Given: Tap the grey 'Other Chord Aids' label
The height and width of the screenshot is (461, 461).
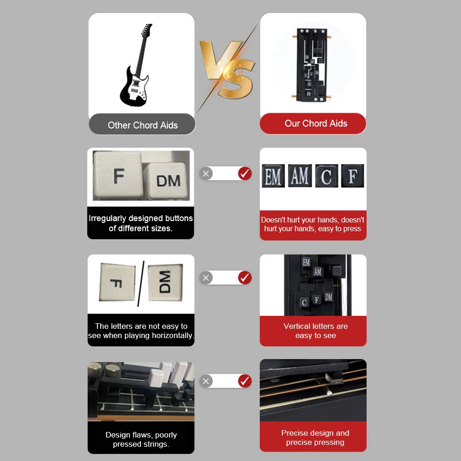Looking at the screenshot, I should click(142, 125).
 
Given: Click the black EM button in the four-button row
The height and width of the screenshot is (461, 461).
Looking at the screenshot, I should click(273, 176).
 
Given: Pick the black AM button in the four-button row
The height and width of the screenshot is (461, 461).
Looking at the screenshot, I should click(300, 176).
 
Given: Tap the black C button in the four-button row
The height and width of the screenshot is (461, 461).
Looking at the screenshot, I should click(327, 176).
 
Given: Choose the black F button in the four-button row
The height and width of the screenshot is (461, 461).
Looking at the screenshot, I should click(352, 176).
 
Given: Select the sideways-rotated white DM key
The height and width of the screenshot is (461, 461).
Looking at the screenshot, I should click(165, 282).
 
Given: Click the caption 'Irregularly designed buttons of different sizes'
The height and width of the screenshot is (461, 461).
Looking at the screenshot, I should click(140, 223).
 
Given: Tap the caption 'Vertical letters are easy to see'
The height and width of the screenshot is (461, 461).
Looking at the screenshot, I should click(315, 331).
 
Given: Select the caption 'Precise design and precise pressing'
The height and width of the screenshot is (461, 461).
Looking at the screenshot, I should click(315, 438).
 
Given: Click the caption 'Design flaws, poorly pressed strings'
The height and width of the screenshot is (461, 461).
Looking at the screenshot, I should click(141, 439).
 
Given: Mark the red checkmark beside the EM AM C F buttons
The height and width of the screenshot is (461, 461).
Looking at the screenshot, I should click(245, 174).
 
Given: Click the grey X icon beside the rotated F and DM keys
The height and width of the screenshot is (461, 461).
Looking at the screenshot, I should click(206, 278).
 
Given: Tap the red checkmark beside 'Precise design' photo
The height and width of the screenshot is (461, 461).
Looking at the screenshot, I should click(245, 381).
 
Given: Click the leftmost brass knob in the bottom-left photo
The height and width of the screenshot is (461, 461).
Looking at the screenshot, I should click(96, 368).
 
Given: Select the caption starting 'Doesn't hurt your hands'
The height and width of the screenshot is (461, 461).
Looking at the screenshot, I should click(313, 224).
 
